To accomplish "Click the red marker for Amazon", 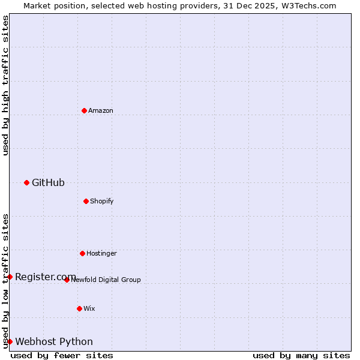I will tap(84, 110).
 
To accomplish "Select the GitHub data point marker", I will tap(26, 182).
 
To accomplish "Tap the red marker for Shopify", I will tap(86, 201).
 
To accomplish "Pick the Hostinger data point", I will tap(82, 253).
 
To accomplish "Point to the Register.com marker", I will tap(10, 277).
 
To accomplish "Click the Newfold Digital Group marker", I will tap(67, 280).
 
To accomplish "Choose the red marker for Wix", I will tap(79, 308).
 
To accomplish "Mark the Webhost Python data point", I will tap(10, 341).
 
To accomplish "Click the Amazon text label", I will tap(101, 110).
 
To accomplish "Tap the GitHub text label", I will tap(48, 182).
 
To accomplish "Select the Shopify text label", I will tap(102, 201).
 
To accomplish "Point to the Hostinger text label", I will tap(101, 253).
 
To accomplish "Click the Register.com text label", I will tap(46, 277).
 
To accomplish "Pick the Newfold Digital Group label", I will tap(106, 280).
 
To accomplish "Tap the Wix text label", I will tap(89, 308).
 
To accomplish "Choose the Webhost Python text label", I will tap(54, 341).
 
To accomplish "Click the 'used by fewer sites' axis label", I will tap(62, 355).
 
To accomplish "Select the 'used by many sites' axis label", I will tap(301, 355).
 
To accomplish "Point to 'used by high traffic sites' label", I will tap(5, 85).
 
